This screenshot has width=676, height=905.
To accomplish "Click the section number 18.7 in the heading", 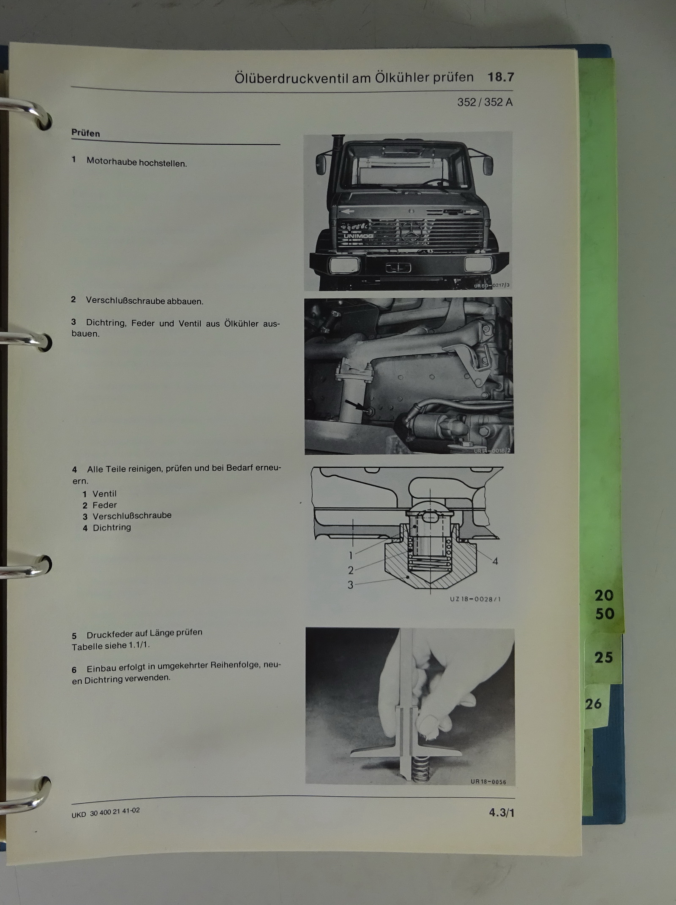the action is [x=501, y=77].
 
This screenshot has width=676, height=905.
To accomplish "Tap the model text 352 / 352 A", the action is [x=485, y=102].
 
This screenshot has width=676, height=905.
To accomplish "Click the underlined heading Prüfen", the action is [x=86, y=133].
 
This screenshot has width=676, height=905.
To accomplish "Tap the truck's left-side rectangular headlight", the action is [x=345, y=265].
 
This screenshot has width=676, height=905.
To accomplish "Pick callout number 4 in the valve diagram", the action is [x=495, y=561].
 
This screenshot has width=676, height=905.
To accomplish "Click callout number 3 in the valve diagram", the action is [x=350, y=585].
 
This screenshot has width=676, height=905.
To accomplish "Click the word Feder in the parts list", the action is [x=104, y=505].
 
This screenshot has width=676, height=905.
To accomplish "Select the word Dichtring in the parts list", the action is [x=112, y=527].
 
